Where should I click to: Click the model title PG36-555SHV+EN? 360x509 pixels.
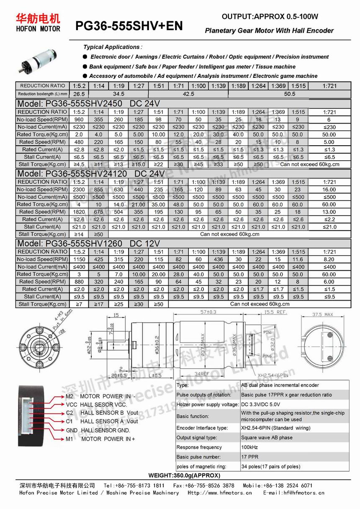pyautogui.click(x=129, y=26)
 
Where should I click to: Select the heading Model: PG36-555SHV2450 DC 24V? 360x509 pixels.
pyautogui.click(x=88, y=104)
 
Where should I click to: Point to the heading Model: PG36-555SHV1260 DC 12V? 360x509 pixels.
pyautogui.click(x=88, y=244)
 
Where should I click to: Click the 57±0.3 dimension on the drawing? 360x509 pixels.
pyautogui.click(x=208, y=312)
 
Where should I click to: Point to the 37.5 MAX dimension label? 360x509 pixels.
pyautogui.click(x=323, y=314)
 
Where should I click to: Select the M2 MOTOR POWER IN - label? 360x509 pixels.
pyautogui.click(x=100, y=396)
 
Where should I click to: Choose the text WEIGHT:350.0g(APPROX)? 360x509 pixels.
pyautogui.click(x=184, y=476)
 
